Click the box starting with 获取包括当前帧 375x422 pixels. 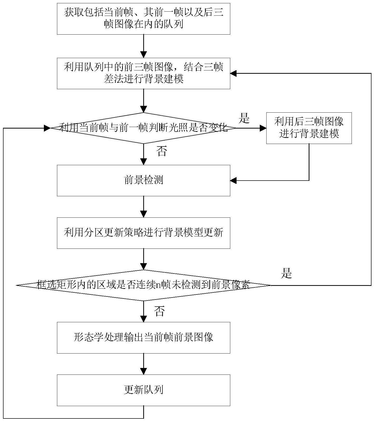[x=143, y=19]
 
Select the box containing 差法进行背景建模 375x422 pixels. [x=143, y=73]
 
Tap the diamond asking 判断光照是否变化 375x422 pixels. [x=143, y=128]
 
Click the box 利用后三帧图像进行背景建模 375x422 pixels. [x=309, y=128]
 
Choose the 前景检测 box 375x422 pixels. [x=143, y=181]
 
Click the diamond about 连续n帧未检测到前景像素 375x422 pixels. [x=143, y=285]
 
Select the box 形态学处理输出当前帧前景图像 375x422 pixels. [x=143, y=338]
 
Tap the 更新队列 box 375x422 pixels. [x=143, y=390]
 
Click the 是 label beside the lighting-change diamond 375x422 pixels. [x=244, y=118]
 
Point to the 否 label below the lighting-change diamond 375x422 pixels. [x=162, y=151]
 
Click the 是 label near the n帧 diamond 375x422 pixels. [x=286, y=273]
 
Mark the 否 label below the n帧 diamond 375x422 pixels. [x=159, y=311]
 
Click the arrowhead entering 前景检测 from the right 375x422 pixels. [x=233, y=181]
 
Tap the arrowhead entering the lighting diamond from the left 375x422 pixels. [x=47, y=128]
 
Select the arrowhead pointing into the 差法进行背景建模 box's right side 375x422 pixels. [x=233, y=73]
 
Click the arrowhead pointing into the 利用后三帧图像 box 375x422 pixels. [x=263, y=128]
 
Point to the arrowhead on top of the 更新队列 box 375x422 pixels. [x=143, y=371]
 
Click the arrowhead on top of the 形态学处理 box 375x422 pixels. [x=143, y=319]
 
